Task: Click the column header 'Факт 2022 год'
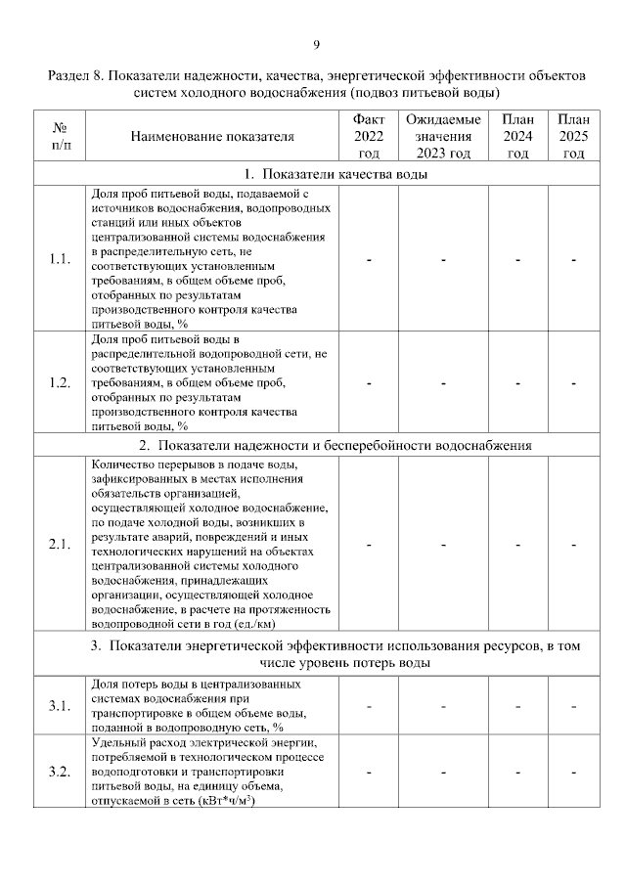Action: (369, 136)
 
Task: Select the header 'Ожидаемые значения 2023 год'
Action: (443, 136)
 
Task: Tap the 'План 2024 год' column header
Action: (517, 136)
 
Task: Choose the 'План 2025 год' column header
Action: (573, 136)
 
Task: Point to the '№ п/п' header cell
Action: (60, 137)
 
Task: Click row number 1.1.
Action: (60, 259)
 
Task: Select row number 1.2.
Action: (60, 382)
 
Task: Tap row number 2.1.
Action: (60, 545)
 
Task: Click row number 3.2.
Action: (60, 773)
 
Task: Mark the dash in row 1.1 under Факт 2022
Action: (369, 259)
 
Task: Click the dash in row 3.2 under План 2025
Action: (573, 773)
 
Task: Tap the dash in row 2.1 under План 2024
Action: (517, 545)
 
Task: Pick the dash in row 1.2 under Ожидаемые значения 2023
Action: (443, 382)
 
